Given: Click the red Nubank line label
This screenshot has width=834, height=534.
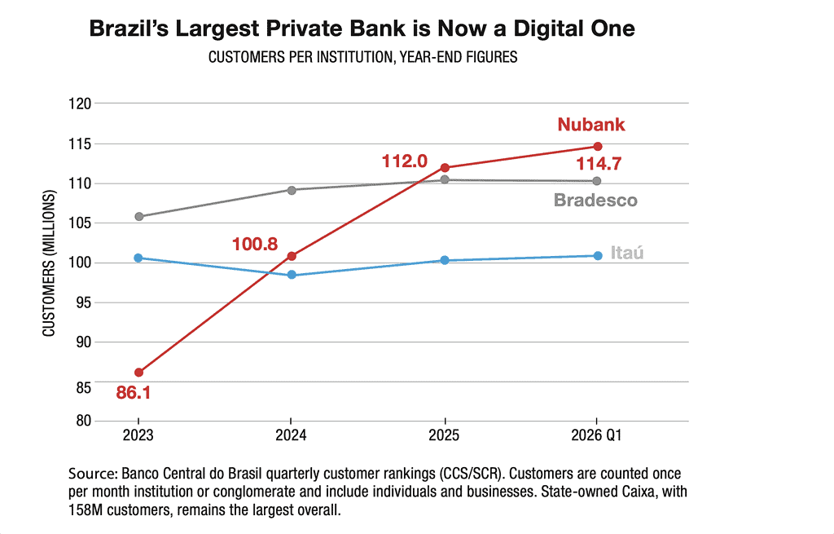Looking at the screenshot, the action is point(591,125).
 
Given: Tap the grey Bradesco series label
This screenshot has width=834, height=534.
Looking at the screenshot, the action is point(595,201).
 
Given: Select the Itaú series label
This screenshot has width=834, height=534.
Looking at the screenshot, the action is point(626,253).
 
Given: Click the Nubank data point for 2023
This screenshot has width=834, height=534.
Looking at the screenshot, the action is point(138,372).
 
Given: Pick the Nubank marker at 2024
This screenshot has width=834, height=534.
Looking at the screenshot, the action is point(292,256).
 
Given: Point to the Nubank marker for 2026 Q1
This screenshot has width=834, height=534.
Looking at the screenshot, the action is point(597,147).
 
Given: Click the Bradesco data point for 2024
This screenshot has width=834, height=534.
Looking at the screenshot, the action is point(292,190).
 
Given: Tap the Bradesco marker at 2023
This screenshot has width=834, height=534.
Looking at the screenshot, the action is point(138,217).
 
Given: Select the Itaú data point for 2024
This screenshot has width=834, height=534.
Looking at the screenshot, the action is point(292,275).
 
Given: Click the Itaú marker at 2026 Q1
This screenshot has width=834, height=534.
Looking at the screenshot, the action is point(597,255).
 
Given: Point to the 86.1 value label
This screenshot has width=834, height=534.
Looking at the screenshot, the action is point(133,393).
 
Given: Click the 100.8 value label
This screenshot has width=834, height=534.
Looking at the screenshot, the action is point(255,245).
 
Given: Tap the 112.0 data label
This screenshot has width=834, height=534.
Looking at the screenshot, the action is point(404,161).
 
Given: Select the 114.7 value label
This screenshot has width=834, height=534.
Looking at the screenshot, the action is point(599,163).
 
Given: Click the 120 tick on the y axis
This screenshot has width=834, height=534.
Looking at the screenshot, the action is point(80,104).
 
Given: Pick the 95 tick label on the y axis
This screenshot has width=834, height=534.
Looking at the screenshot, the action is point(84,302).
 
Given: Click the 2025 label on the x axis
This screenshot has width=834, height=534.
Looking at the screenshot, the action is point(444,435).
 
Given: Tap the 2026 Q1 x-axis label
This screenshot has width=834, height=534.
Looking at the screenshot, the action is point(596,435).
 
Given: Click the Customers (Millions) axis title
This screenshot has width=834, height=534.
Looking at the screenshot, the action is point(49,263).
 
